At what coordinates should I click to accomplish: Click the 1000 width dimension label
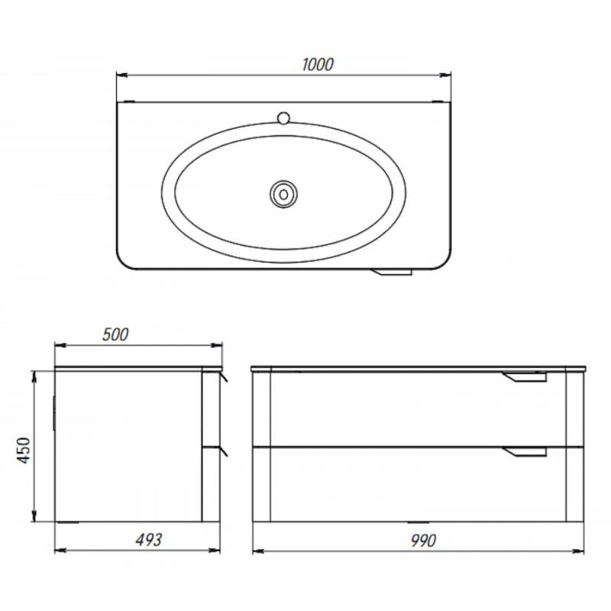click(318, 65)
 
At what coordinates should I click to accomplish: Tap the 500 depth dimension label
click(115, 335)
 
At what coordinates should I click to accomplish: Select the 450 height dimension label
click(24, 450)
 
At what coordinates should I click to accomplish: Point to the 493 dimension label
click(148, 540)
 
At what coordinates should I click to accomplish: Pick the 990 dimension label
click(423, 541)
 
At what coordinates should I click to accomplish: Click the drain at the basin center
click(283, 194)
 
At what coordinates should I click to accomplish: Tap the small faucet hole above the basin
click(283, 118)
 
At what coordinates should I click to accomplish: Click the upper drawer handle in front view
click(525, 377)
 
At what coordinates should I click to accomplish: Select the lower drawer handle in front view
click(525, 452)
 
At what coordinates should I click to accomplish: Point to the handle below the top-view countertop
click(391, 272)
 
